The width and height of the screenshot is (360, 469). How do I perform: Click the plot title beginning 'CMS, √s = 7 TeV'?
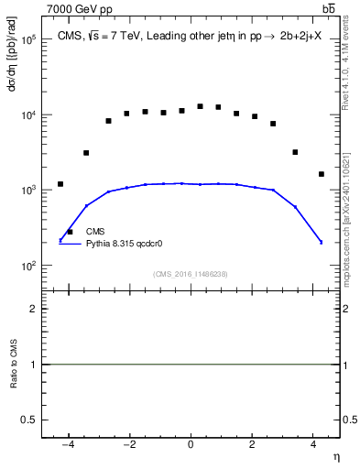[189, 36]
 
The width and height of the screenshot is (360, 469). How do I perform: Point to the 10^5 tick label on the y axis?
[27, 40]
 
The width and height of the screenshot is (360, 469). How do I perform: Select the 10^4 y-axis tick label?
[27, 115]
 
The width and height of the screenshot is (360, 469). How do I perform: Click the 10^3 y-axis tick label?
[27, 191]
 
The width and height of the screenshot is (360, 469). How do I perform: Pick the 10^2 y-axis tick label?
[27, 266]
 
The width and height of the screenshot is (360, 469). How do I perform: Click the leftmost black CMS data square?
[60, 184]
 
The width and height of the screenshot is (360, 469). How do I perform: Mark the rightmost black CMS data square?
[322, 174]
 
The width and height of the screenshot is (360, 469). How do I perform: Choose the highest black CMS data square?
[200, 106]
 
